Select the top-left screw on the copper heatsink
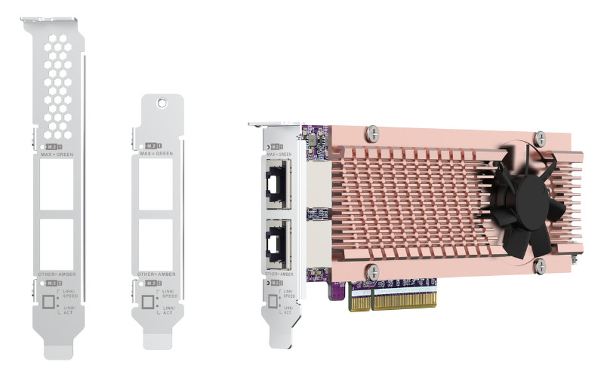373,133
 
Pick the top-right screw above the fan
540,139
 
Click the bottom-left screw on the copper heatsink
373,271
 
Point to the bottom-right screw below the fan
539,266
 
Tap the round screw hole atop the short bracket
162,101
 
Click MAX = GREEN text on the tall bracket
56,153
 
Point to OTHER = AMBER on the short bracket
157,275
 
